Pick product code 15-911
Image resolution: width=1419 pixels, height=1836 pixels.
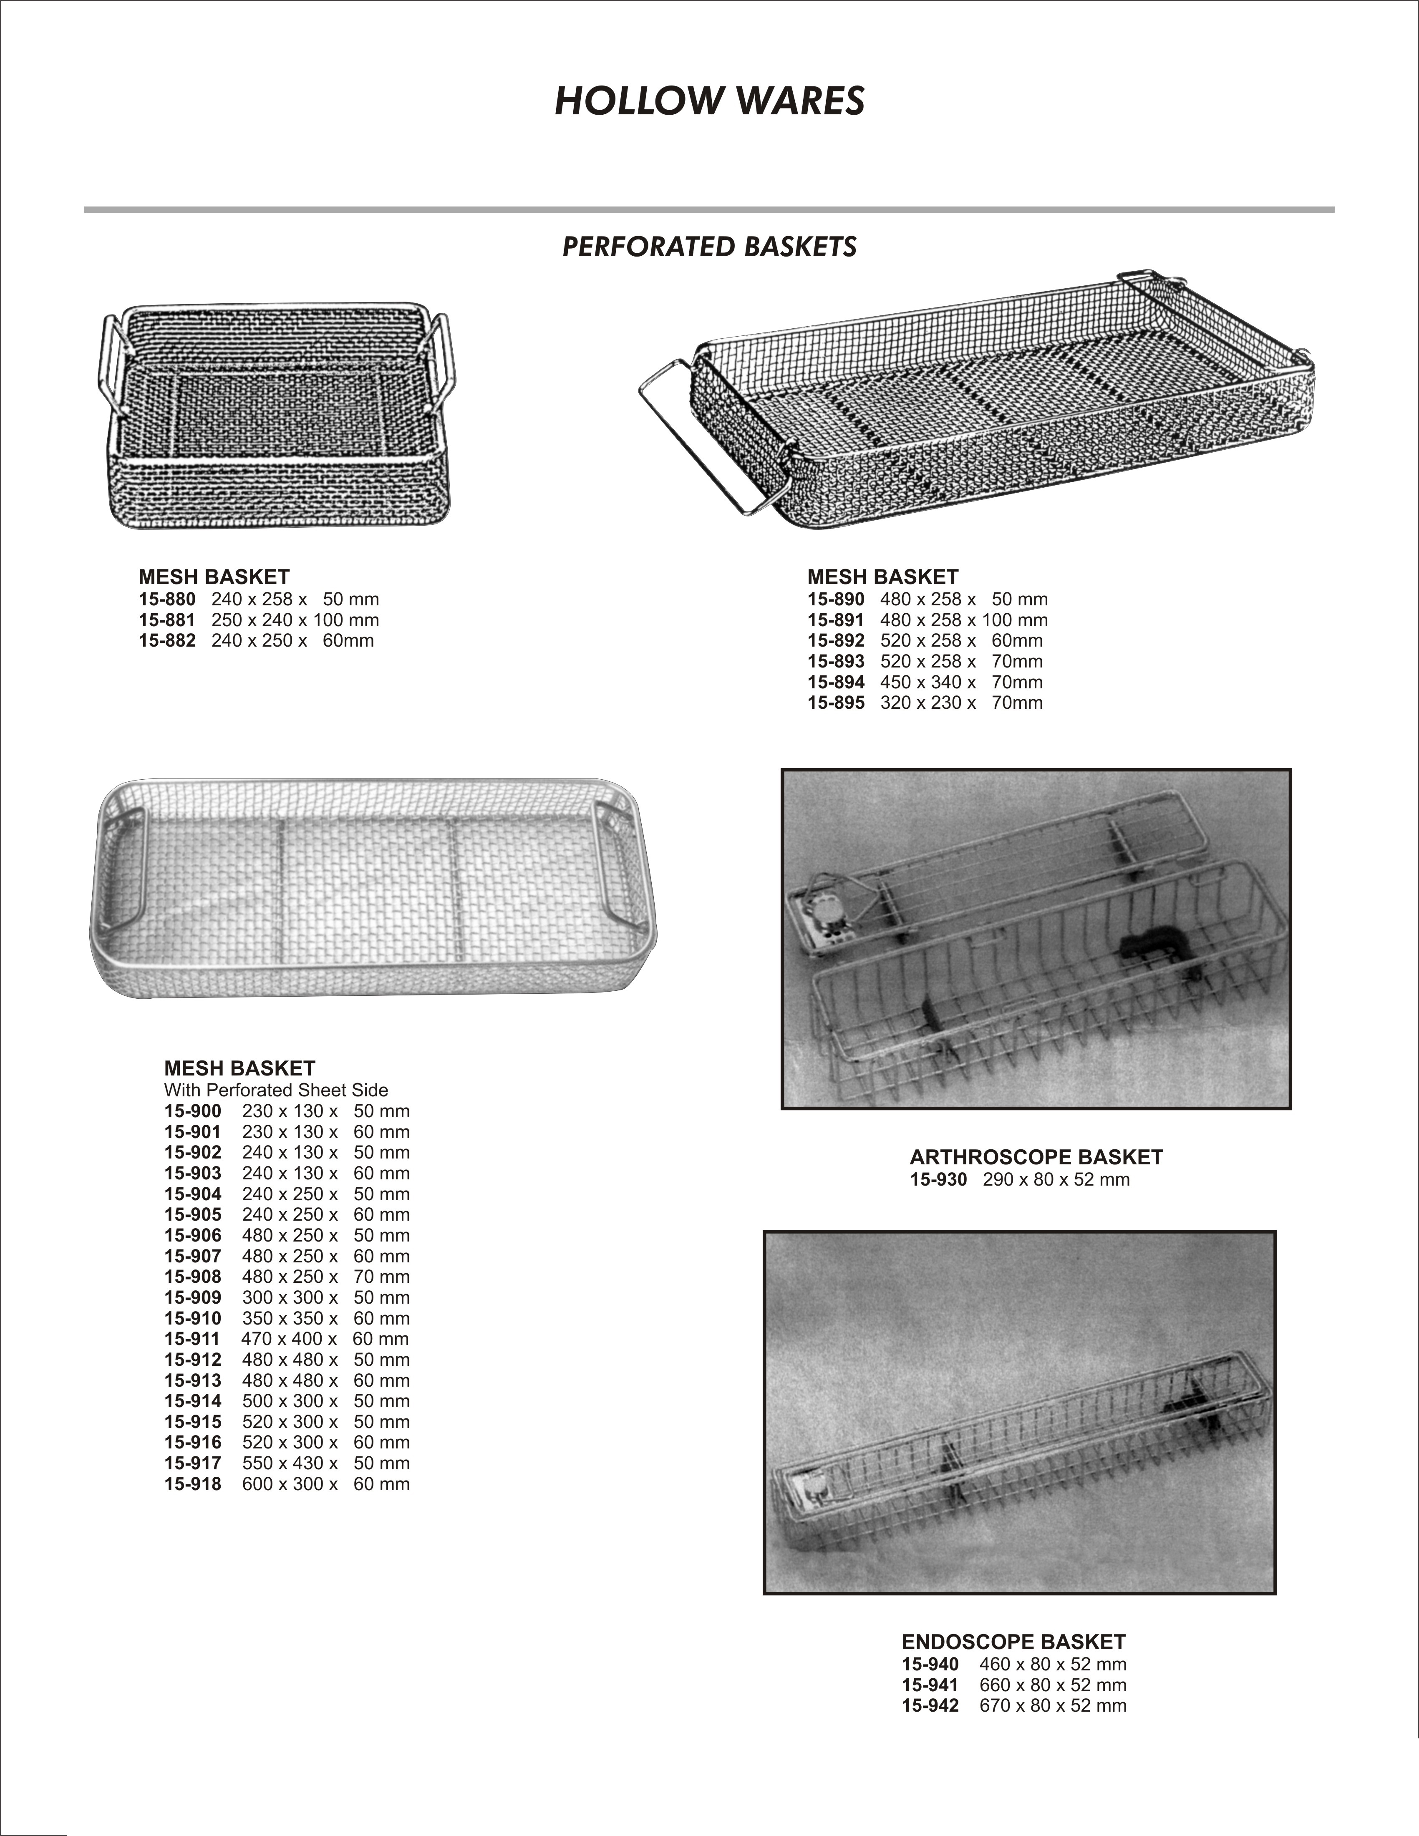tap(192, 1339)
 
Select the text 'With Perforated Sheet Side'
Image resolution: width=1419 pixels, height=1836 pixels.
tap(276, 1091)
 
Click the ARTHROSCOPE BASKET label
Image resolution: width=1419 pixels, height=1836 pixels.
tap(1036, 1158)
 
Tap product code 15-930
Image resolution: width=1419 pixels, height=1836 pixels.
tap(938, 1179)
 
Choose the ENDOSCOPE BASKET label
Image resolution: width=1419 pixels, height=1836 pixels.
tap(1013, 1642)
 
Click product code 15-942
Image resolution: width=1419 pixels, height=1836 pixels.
tap(930, 1706)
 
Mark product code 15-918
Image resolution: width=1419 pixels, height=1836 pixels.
tap(192, 1485)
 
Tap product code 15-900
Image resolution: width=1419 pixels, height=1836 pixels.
tap(192, 1111)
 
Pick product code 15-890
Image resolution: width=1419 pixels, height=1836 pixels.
tap(836, 599)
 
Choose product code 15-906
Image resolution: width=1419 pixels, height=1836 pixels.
tap(192, 1236)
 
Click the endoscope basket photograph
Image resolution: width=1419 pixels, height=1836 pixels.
tap(1019, 1412)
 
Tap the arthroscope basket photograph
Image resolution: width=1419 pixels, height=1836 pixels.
tap(1036, 939)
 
